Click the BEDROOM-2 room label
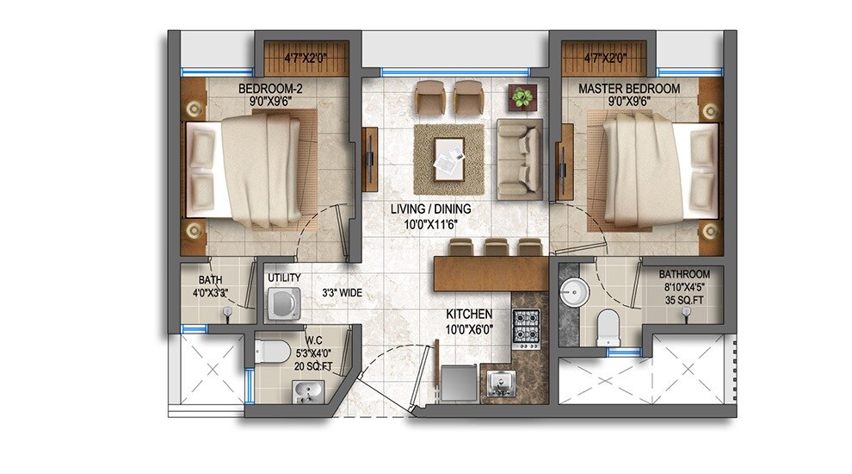pos(270,88)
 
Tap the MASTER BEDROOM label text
pos(628,88)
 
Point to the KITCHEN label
pos(469,315)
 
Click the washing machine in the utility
pos(283,303)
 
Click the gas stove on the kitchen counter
pos(525,327)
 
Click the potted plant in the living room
pos(521,97)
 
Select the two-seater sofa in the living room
pos(519,158)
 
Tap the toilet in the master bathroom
pos(608,326)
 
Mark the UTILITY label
pos(283,278)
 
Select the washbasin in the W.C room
pos(306,393)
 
